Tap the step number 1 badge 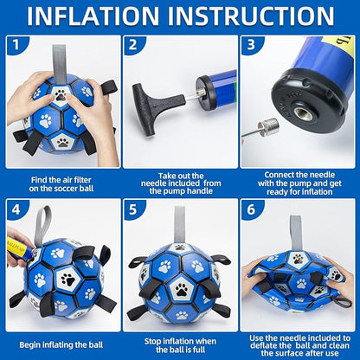click(x=16, y=45)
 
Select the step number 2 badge click(x=132, y=45)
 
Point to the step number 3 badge click(x=251, y=45)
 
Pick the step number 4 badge click(x=16, y=209)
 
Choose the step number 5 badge click(x=132, y=209)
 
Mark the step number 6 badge click(x=251, y=209)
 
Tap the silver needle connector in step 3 click(x=267, y=127)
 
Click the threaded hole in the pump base click(x=301, y=112)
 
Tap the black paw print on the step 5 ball click(x=182, y=289)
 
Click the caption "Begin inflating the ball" click(x=61, y=344)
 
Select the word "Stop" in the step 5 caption click(x=153, y=342)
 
